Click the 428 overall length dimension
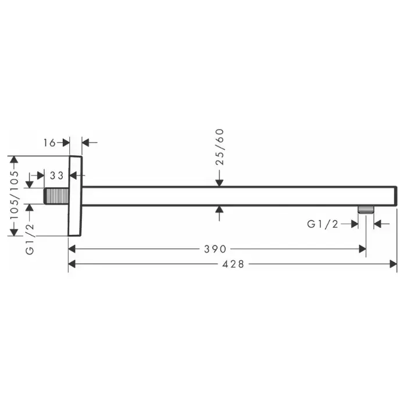click(x=233, y=264)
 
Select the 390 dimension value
click(x=215, y=249)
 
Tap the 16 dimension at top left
click(x=49, y=143)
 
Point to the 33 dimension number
click(x=56, y=176)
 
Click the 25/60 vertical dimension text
click(x=220, y=147)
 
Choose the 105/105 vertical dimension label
click(x=15, y=195)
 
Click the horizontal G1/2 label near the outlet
click(x=323, y=224)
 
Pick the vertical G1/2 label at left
click(x=30, y=239)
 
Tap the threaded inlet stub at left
click(x=56, y=196)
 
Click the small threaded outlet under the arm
click(x=366, y=210)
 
